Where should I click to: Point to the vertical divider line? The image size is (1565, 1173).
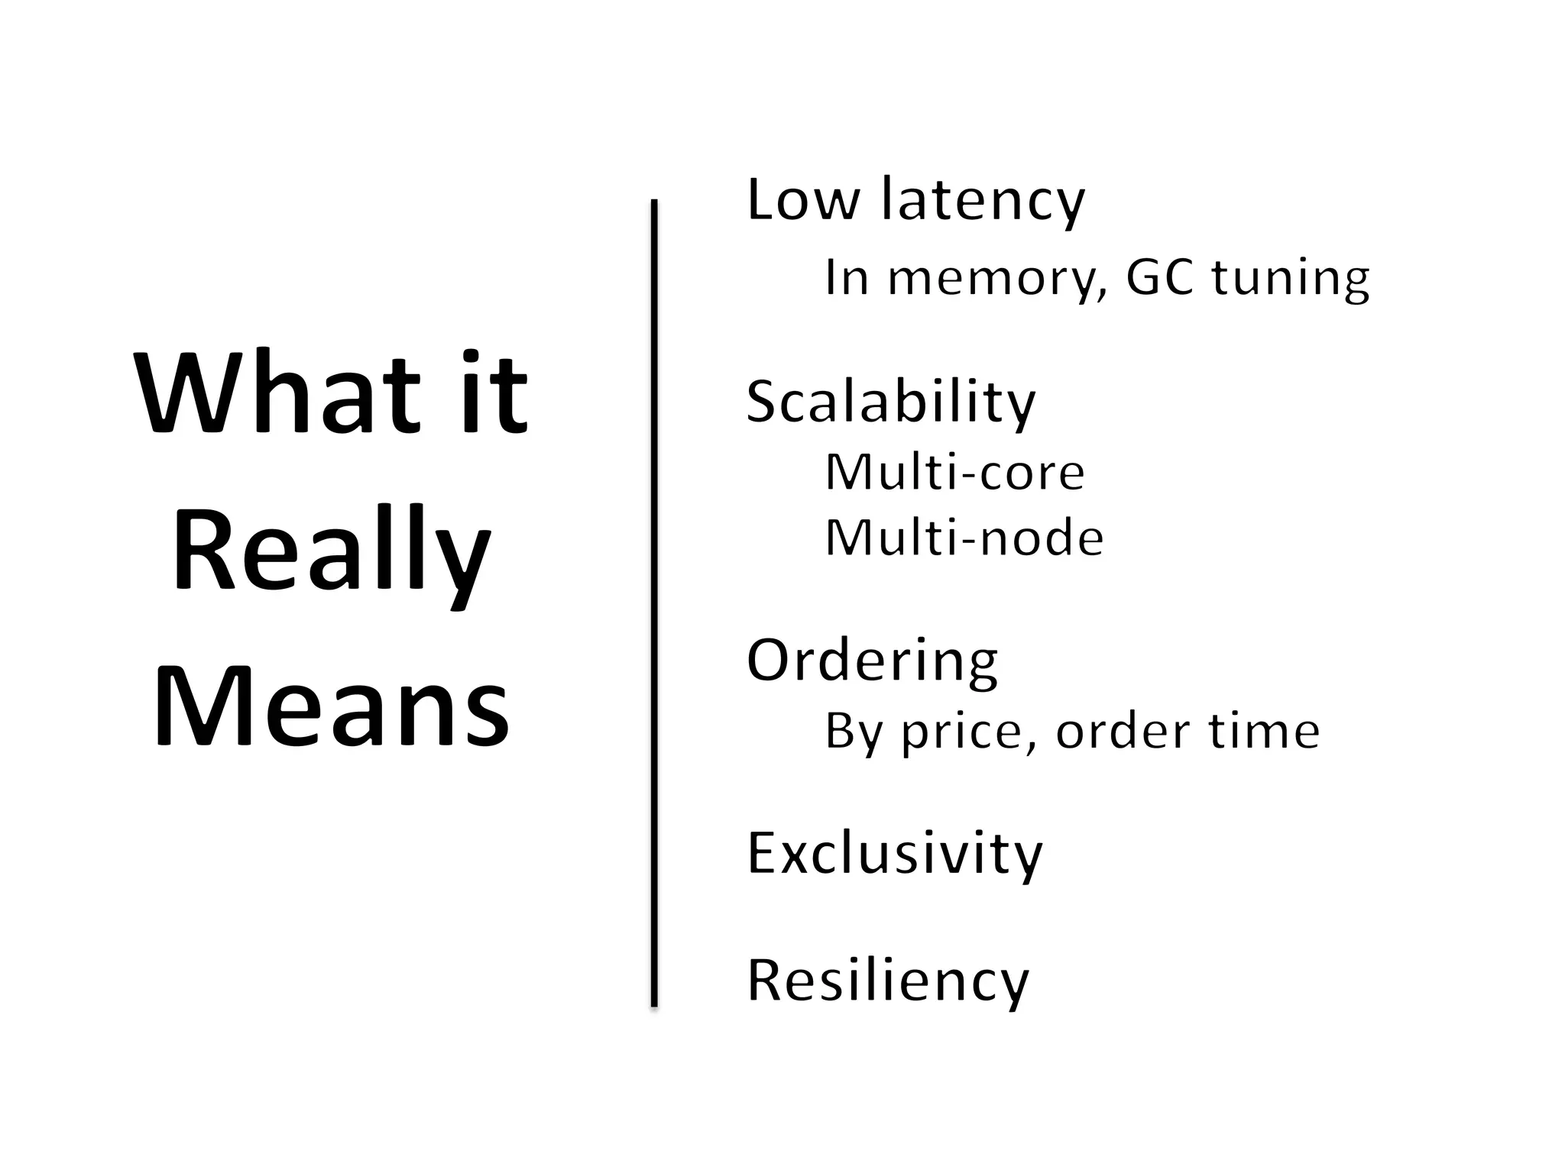[x=654, y=603]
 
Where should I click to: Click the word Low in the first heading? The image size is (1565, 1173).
[x=802, y=200]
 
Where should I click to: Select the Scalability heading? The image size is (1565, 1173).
[x=891, y=402]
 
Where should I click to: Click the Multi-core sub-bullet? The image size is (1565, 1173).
[x=954, y=473]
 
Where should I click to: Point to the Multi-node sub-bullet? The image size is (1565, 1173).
[x=964, y=538]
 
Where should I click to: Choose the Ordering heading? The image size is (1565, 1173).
[x=872, y=661]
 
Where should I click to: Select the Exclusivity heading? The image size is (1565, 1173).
[x=894, y=854]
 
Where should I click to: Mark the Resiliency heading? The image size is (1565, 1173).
[x=888, y=981]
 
